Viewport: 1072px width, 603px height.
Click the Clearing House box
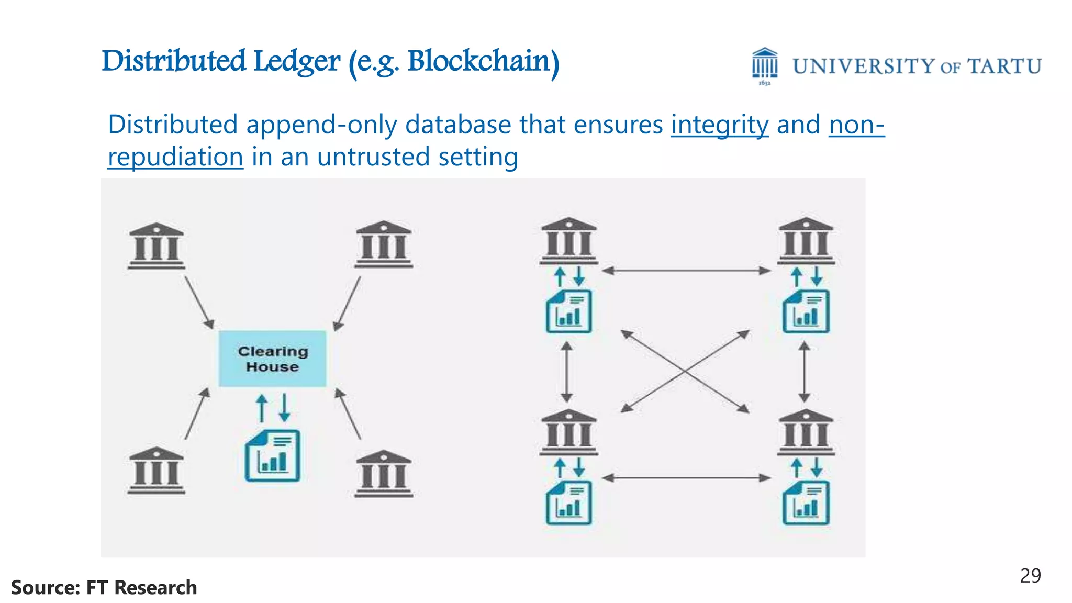[x=272, y=359]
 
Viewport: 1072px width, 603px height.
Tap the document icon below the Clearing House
[x=272, y=455]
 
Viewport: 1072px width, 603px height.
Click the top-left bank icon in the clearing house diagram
[x=156, y=246]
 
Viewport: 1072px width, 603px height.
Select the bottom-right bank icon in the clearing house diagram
[x=383, y=473]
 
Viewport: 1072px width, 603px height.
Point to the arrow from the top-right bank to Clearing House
[x=347, y=304]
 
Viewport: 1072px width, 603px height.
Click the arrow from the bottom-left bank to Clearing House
[x=197, y=414]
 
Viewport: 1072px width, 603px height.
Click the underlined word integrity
[x=720, y=125]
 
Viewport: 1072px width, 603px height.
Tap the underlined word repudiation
[x=175, y=157]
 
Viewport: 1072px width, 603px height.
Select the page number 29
[x=1030, y=576]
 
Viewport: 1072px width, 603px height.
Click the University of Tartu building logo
[x=765, y=65]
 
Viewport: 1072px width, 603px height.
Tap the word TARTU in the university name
[x=1004, y=66]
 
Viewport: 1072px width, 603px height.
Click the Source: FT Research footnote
[x=104, y=587]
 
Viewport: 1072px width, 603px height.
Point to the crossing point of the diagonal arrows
[x=685, y=371]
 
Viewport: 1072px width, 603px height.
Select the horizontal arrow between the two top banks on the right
[x=686, y=271]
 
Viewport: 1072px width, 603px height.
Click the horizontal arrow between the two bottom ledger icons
[x=686, y=478]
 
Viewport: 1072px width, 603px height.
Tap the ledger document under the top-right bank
[x=806, y=312]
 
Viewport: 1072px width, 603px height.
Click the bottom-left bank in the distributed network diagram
[x=568, y=432]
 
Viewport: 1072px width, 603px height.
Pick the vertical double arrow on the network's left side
[x=567, y=371]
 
